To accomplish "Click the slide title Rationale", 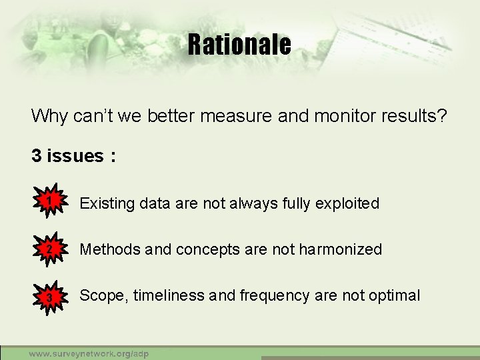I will [239, 45].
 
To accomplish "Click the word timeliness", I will [169, 296].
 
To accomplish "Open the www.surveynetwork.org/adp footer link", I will [88, 353].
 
